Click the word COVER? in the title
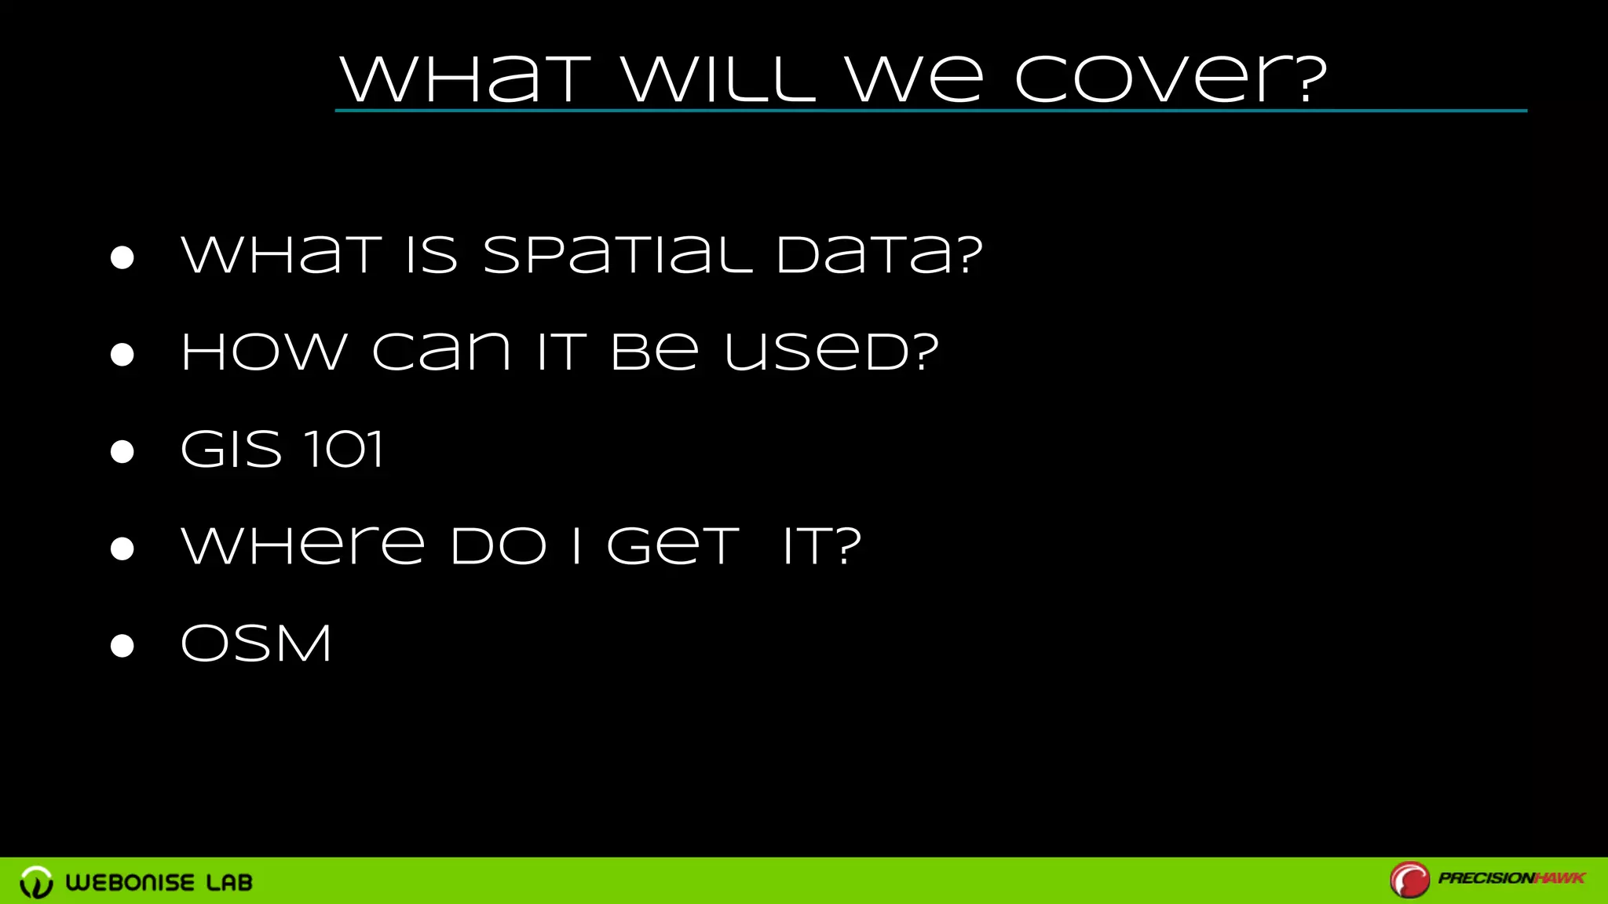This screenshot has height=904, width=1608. (x=1170, y=80)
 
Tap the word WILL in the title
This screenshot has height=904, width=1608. (x=718, y=80)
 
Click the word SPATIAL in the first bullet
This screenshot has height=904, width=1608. (x=617, y=255)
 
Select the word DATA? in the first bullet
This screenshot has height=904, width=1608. (x=879, y=255)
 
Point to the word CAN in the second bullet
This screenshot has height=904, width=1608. (x=442, y=352)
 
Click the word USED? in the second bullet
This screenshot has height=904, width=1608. (x=831, y=352)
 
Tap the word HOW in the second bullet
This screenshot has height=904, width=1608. (x=264, y=352)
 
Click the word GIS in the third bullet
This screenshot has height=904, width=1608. (x=231, y=450)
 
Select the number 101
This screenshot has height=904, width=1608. (x=344, y=450)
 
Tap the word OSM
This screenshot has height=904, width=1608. (x=256, y=643)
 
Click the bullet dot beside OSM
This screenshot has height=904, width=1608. (x=122, y=646)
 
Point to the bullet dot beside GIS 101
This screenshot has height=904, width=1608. (x=122, y=452)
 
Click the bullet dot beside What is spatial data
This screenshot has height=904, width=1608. (x=122, y=257)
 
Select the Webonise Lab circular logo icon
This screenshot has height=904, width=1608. (x=36, y=882)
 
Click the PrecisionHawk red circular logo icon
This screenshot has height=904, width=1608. (x=1409, y=880)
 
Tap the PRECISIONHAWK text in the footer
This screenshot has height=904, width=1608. (x=1511, y=878)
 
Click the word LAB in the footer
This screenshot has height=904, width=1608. (x=229, y=883)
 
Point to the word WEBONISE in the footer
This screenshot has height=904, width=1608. (x=130, y=883)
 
